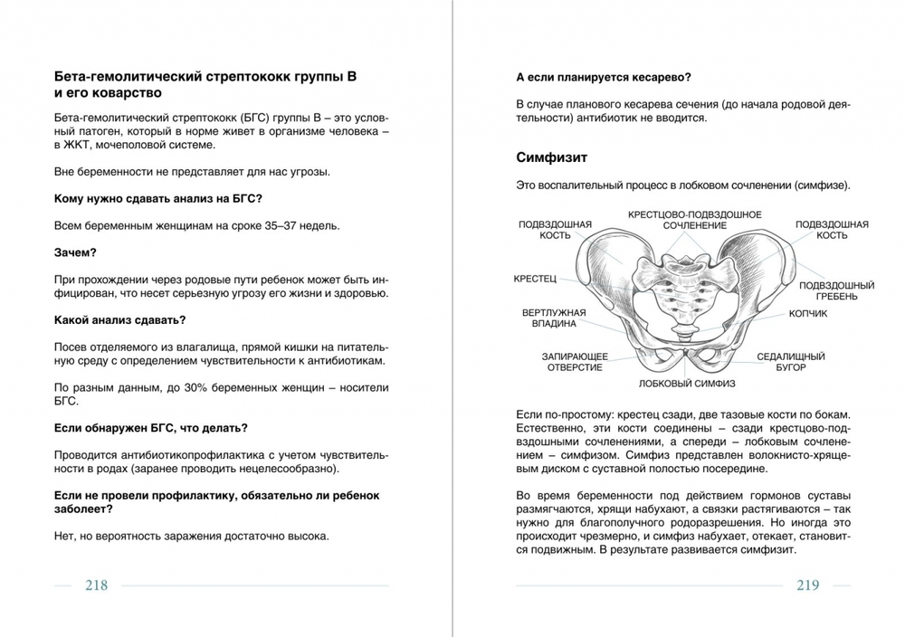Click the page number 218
(x=96, y=585)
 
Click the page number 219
(x=807, y=585)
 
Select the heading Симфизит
(x=551, y=157)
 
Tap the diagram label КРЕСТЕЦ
(x=535, y=279)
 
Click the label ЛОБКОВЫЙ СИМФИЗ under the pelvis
(x=679, y=383)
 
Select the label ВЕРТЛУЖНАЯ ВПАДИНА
(x=553, y=319)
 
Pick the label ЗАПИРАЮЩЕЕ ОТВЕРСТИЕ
(x=574, y=362)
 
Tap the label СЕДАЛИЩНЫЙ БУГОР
(x=790, y=362)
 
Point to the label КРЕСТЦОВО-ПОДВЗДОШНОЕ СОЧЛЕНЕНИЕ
(x=694, y=219)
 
